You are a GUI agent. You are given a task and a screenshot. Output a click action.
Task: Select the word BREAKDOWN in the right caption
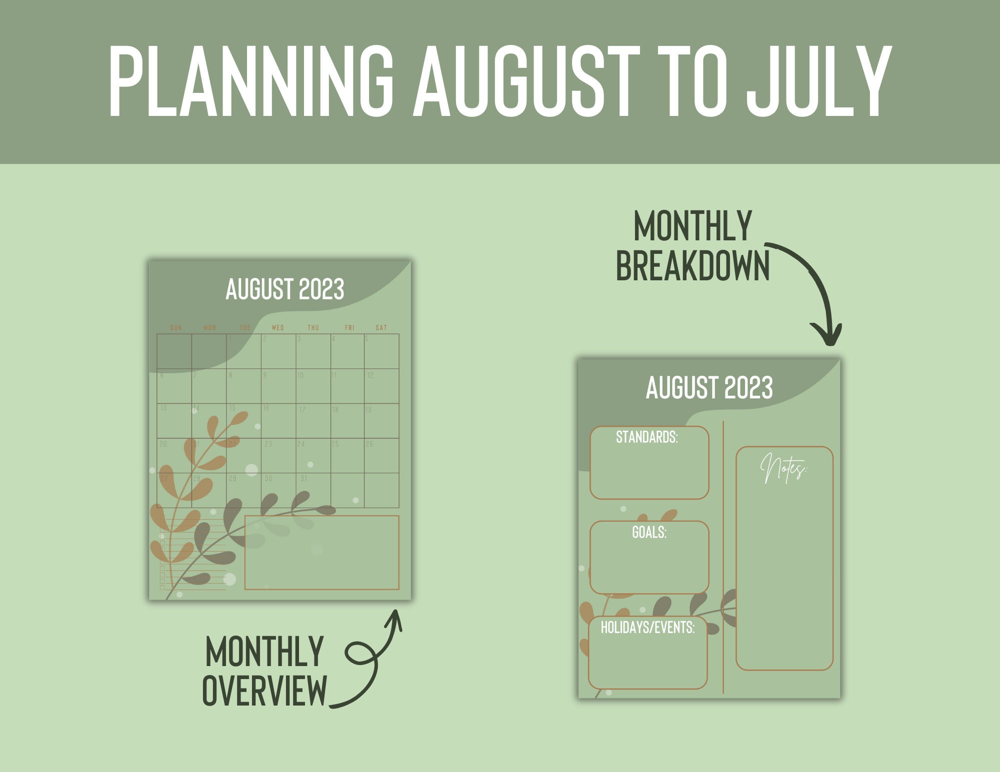click(692, 266)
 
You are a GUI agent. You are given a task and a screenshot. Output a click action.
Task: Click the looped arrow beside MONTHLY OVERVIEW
click(370, 660)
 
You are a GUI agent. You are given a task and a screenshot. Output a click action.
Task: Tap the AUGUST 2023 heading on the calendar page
click(284, 289)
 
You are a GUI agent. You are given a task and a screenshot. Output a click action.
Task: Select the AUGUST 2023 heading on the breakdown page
click(709, 388)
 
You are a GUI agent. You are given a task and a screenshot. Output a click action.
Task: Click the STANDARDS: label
click(646, 437)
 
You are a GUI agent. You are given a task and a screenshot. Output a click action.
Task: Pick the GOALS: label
click(649, 532)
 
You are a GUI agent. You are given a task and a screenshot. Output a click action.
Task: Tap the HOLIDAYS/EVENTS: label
click(647, 628)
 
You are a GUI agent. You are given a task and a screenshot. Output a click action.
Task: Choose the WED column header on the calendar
click(278, 328)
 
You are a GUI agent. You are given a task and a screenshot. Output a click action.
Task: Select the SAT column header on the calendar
click(381, 328)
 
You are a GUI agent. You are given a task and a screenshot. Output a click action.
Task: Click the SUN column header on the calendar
click(176, 328)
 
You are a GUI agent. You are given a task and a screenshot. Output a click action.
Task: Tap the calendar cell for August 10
click(313, 386)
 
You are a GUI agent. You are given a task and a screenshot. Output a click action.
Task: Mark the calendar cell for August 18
click(347, 421)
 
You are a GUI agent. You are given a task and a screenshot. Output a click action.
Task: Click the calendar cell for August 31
click(313, 490)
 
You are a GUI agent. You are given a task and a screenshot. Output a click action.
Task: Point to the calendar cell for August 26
click(381, 456)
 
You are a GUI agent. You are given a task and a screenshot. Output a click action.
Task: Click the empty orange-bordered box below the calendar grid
click(321, 553)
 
